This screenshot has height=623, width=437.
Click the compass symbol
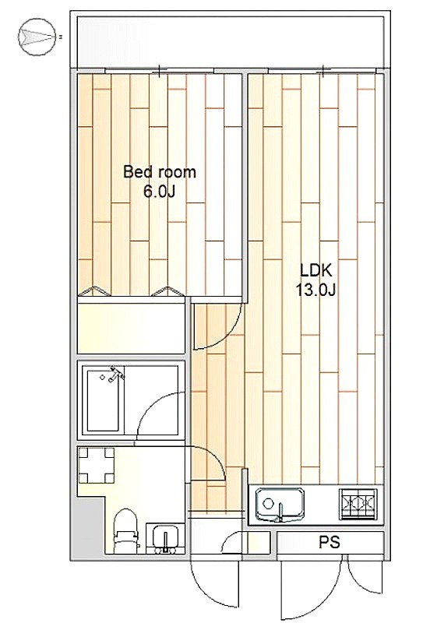(37, 37)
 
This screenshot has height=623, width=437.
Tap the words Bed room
(160, 172)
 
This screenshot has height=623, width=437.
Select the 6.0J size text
(159, 192)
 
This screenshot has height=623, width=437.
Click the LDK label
(315, 270)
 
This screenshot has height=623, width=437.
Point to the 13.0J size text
(315, 290)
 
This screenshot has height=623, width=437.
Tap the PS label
(330, 542)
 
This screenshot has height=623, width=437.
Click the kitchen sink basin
(280, 504)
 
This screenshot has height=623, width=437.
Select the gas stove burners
(358, 503)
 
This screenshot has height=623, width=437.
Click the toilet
(125, 531)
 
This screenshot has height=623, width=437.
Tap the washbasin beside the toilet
(165, 538)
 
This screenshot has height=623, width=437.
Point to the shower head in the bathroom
(116, 374)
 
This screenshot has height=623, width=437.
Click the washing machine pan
(97, 465)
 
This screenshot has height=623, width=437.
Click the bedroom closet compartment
(131, 328)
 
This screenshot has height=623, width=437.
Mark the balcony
(231, 42)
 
